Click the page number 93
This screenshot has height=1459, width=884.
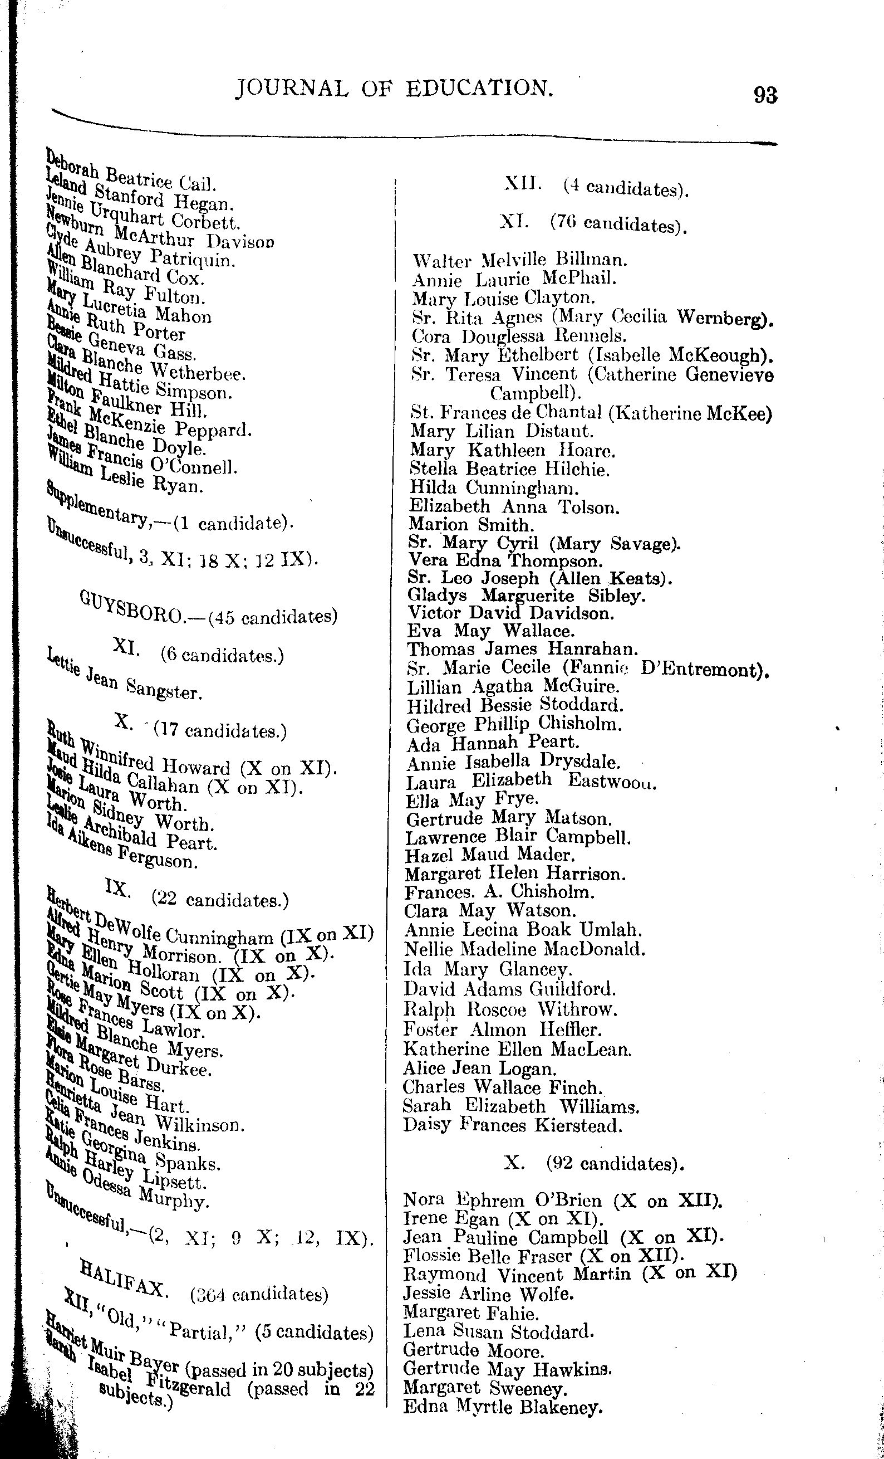point(765,95)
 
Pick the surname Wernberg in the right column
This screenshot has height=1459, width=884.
point(725,318)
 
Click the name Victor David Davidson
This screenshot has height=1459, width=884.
point(510,613)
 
